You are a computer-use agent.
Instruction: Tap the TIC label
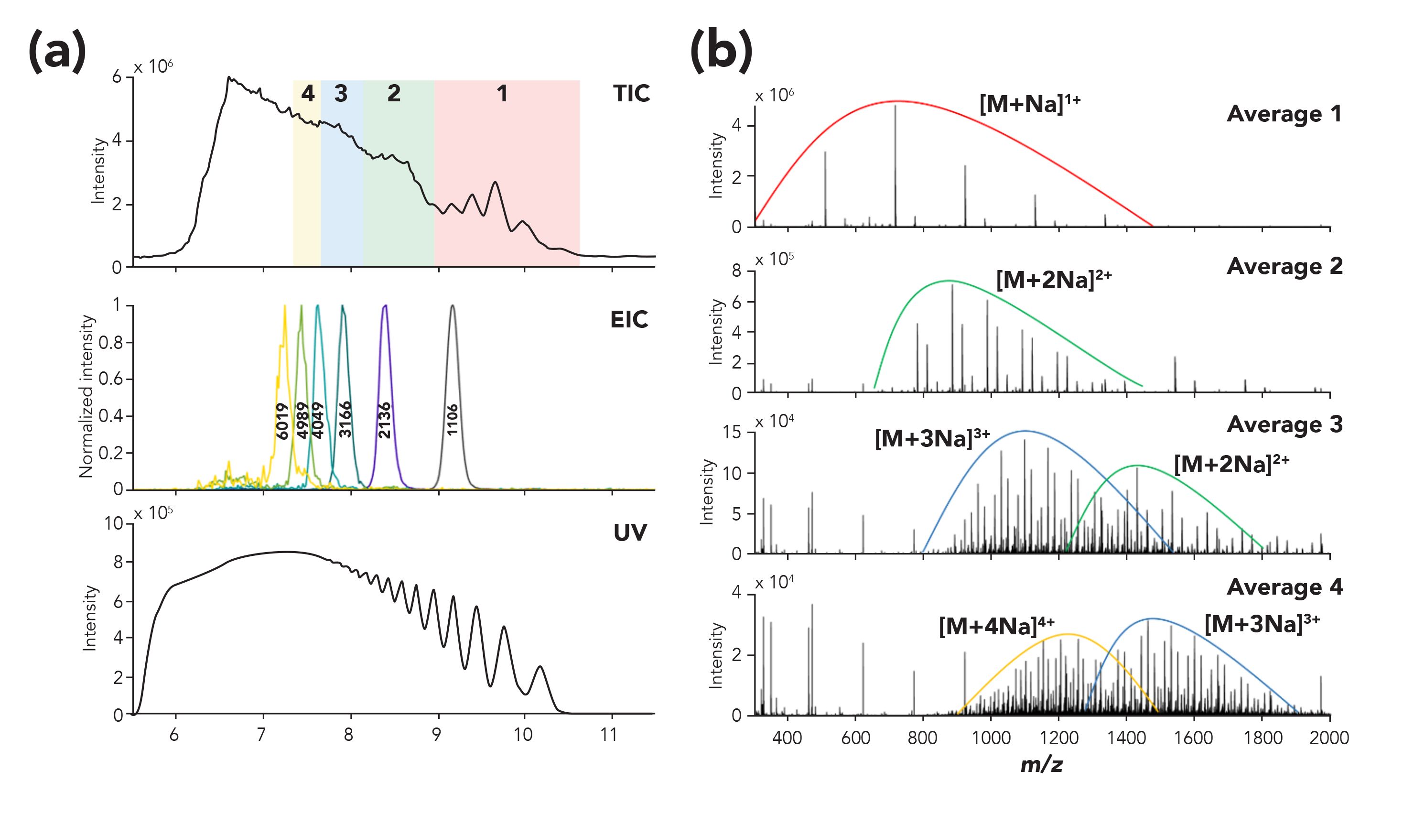point(631,93)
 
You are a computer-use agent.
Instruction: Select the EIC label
point(629,320)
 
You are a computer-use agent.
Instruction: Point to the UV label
point(630,532)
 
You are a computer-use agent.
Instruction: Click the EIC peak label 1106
point(452,419)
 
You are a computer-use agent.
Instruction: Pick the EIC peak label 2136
point(385,420)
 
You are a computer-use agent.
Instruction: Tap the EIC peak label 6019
point(283,421)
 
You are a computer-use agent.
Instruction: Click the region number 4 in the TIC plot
point(308,93)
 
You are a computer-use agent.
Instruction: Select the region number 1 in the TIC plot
point(502,93)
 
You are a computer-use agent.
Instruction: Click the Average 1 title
point(1284,114)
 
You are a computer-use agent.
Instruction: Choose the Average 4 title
point(1284,586)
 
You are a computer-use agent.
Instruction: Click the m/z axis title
point(1042,764)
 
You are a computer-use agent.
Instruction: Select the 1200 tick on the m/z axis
point(1058,738)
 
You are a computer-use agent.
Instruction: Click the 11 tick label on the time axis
point(608,734)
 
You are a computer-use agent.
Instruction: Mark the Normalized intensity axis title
point(86,396)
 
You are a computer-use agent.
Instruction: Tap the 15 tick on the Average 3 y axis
point(732,433)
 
